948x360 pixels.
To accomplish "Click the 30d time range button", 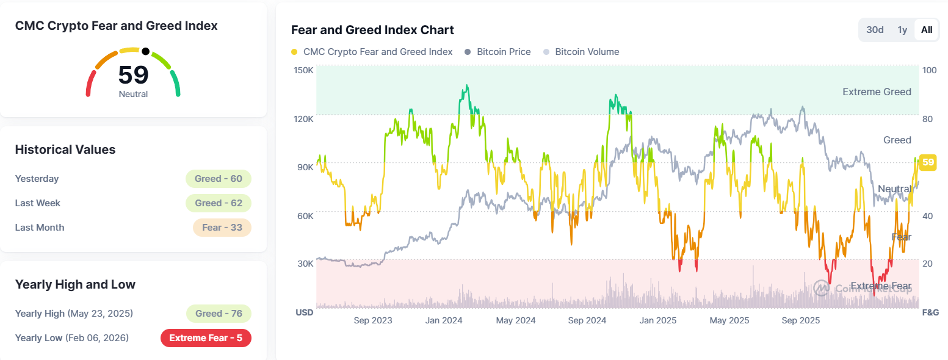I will (x=875, y=30).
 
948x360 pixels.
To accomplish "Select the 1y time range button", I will (x=902, y=30).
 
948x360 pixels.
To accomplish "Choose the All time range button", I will (x=927, y=30).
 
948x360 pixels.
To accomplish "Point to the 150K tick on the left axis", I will (x=304, y=70).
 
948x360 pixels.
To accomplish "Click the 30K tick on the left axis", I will (x=305, y=264).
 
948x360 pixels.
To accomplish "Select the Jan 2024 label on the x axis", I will (x=441, y=320).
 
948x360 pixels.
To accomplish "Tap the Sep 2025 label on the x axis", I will (x=800, y=320).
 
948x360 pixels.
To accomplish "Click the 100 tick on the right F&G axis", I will (x=929, y=70).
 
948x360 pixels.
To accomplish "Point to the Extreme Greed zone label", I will (x=877, y=92).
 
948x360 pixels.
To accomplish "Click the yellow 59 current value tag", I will (x=928, y=162).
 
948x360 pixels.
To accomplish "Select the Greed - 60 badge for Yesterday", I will (x=219, y=179).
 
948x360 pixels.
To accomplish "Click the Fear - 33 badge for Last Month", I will (x=222, y=228).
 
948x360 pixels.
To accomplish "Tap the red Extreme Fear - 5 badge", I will (x=206, y=338).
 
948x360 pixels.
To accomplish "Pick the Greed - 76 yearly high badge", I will (x=219, y=314).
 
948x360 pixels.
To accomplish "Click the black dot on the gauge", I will (x=145, y=51).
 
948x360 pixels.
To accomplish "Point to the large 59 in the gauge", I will (x=133, y=75).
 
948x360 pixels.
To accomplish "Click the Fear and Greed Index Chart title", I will (x=372, y=30).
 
